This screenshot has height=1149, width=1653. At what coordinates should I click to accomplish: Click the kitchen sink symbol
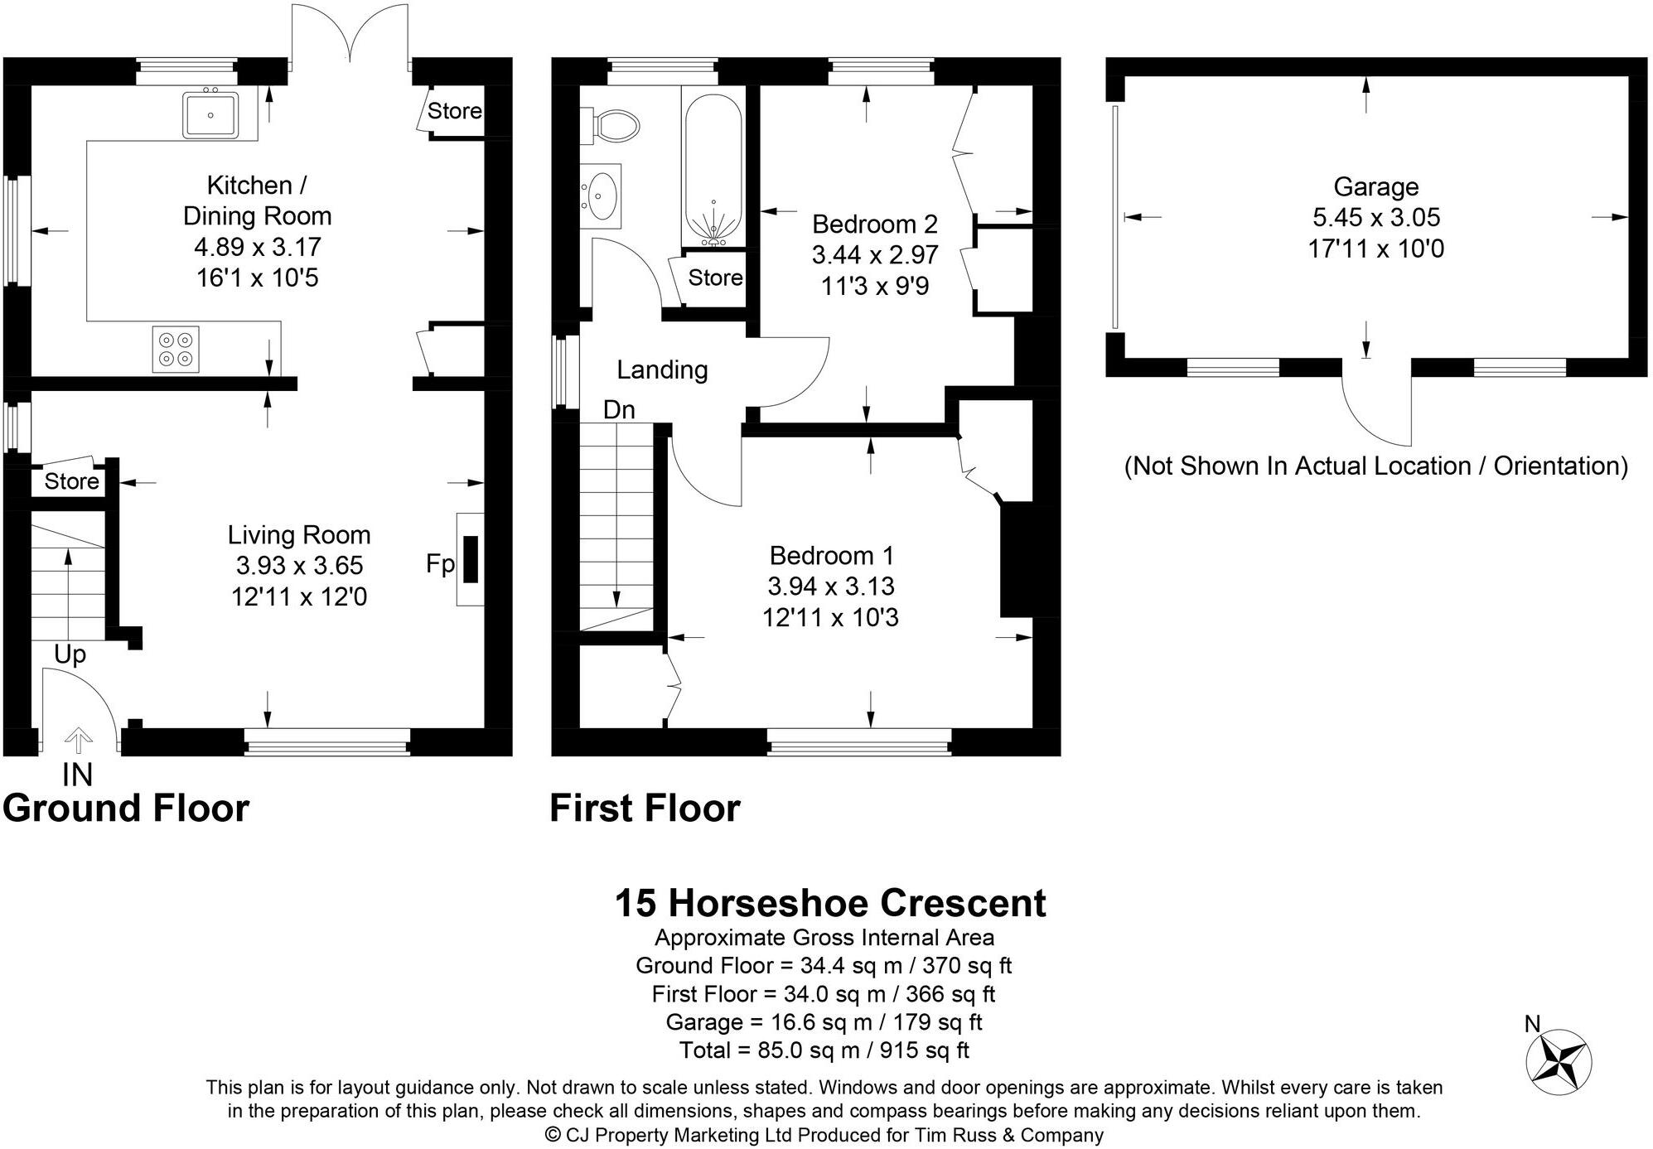(x=210, y=115)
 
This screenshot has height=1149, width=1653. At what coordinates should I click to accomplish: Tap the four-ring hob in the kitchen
(x=176, y=349)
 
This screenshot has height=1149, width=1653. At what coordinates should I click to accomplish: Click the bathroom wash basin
(x=601, y=196)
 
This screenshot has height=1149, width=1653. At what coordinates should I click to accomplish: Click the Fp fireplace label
(x=440, y=564)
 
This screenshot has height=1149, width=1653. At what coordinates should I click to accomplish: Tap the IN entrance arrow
(x=79, y=740)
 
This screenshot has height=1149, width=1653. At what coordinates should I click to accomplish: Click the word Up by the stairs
(x=70, y=654)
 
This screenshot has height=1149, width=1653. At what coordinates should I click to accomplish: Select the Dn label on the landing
(x=619, y=409)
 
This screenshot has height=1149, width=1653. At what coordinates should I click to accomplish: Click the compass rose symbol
(x=1559, y=1060)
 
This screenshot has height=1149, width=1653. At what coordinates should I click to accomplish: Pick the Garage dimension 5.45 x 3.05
(x=1376, y=217)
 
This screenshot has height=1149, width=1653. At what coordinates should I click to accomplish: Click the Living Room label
(x=299, y=534)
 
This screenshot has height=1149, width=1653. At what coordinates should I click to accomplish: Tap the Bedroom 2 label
(x=874, y=224)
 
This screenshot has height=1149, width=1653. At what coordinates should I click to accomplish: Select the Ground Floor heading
(x=126, y=808)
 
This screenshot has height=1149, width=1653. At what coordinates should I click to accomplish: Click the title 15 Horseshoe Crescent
(x=829, y=903)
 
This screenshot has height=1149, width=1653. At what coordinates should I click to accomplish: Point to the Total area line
(x=824, y=1050)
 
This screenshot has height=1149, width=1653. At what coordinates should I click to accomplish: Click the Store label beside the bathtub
(x=715, y=278)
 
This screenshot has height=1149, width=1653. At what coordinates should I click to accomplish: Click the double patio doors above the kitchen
(x=349, y=37)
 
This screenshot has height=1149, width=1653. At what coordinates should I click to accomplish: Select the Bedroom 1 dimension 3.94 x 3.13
(x=830, y=586)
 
